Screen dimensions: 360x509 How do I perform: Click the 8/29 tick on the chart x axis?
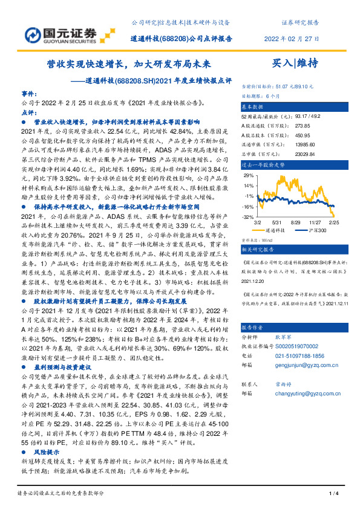[x=296, y=222]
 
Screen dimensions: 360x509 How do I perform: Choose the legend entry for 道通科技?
[x=273, y=230]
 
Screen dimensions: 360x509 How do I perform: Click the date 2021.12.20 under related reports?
[x=254, y=280]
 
